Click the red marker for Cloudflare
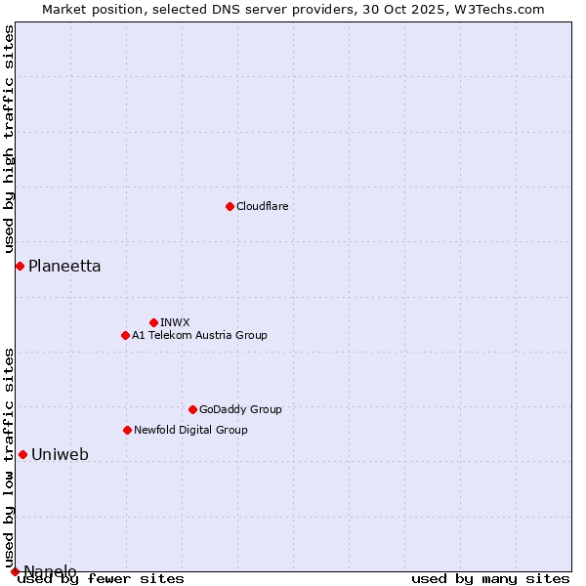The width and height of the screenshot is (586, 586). (230, 206)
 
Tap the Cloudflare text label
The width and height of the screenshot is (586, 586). (263, 207)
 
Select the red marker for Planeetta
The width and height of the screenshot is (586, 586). (20, 266)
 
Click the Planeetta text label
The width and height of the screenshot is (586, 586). (64, 267)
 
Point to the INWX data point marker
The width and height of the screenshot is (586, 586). (153, 322)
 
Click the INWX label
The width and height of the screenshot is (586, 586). (176, 322)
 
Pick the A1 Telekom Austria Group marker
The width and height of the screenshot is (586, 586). (125, 335)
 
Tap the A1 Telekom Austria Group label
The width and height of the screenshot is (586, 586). (199, 336)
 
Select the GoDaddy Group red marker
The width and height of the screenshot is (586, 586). (192, 409)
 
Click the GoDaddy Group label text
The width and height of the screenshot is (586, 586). (240, 410)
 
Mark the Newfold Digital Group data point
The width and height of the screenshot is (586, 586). (127, 430)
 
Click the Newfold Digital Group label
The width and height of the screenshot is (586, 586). (190, 431)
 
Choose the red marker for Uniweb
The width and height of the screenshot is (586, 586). (22, 454)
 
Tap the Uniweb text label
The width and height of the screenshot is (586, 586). (61, 455)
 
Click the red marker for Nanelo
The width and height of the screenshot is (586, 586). (15, 571)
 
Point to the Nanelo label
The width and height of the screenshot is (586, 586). (50, 571)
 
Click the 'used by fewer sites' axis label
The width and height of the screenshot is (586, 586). (101, 579)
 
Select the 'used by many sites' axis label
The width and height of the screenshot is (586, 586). (490, 579)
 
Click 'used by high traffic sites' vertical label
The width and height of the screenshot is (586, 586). (10, 140)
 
